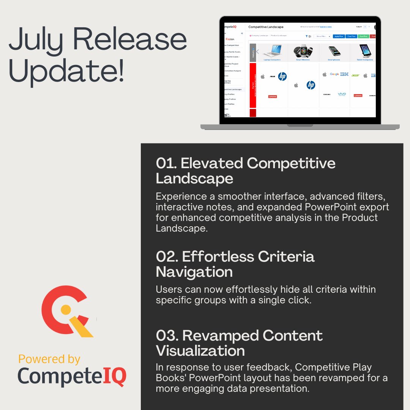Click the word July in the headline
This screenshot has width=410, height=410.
[36, 41]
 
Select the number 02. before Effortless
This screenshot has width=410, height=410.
[167, 257]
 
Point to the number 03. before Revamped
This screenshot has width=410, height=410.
[167, 336]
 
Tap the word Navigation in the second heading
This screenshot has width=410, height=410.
[194, 272]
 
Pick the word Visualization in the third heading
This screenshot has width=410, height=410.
[200, 350]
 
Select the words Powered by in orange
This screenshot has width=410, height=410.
[49, 359]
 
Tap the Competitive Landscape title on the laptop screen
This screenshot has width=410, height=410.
[266, 27]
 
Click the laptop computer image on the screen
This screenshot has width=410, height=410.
[272, 51]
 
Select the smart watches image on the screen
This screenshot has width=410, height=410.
[303, 51]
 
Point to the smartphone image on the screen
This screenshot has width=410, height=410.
[334, 51]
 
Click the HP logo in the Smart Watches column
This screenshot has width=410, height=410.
[311, 85]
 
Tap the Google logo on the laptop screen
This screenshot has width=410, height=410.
[334, 74]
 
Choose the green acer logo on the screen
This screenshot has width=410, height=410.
[355, 75]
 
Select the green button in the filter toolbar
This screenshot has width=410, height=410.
[363, 36]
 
